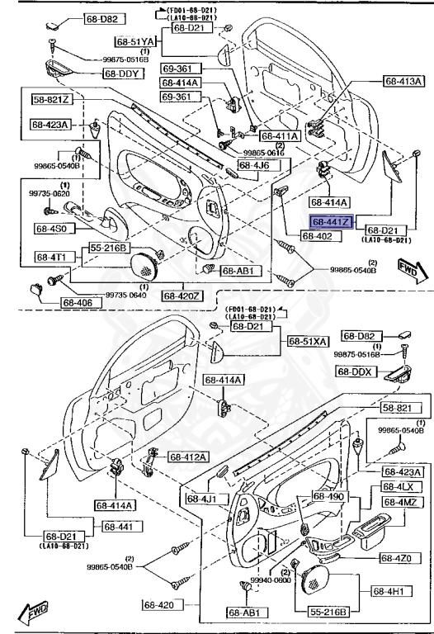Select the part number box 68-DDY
tap(124, 73)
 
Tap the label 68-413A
tap(403, 81)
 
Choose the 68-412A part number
tap(189, 457)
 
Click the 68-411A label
tap(280, 135)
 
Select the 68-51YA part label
tap(135, 40)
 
